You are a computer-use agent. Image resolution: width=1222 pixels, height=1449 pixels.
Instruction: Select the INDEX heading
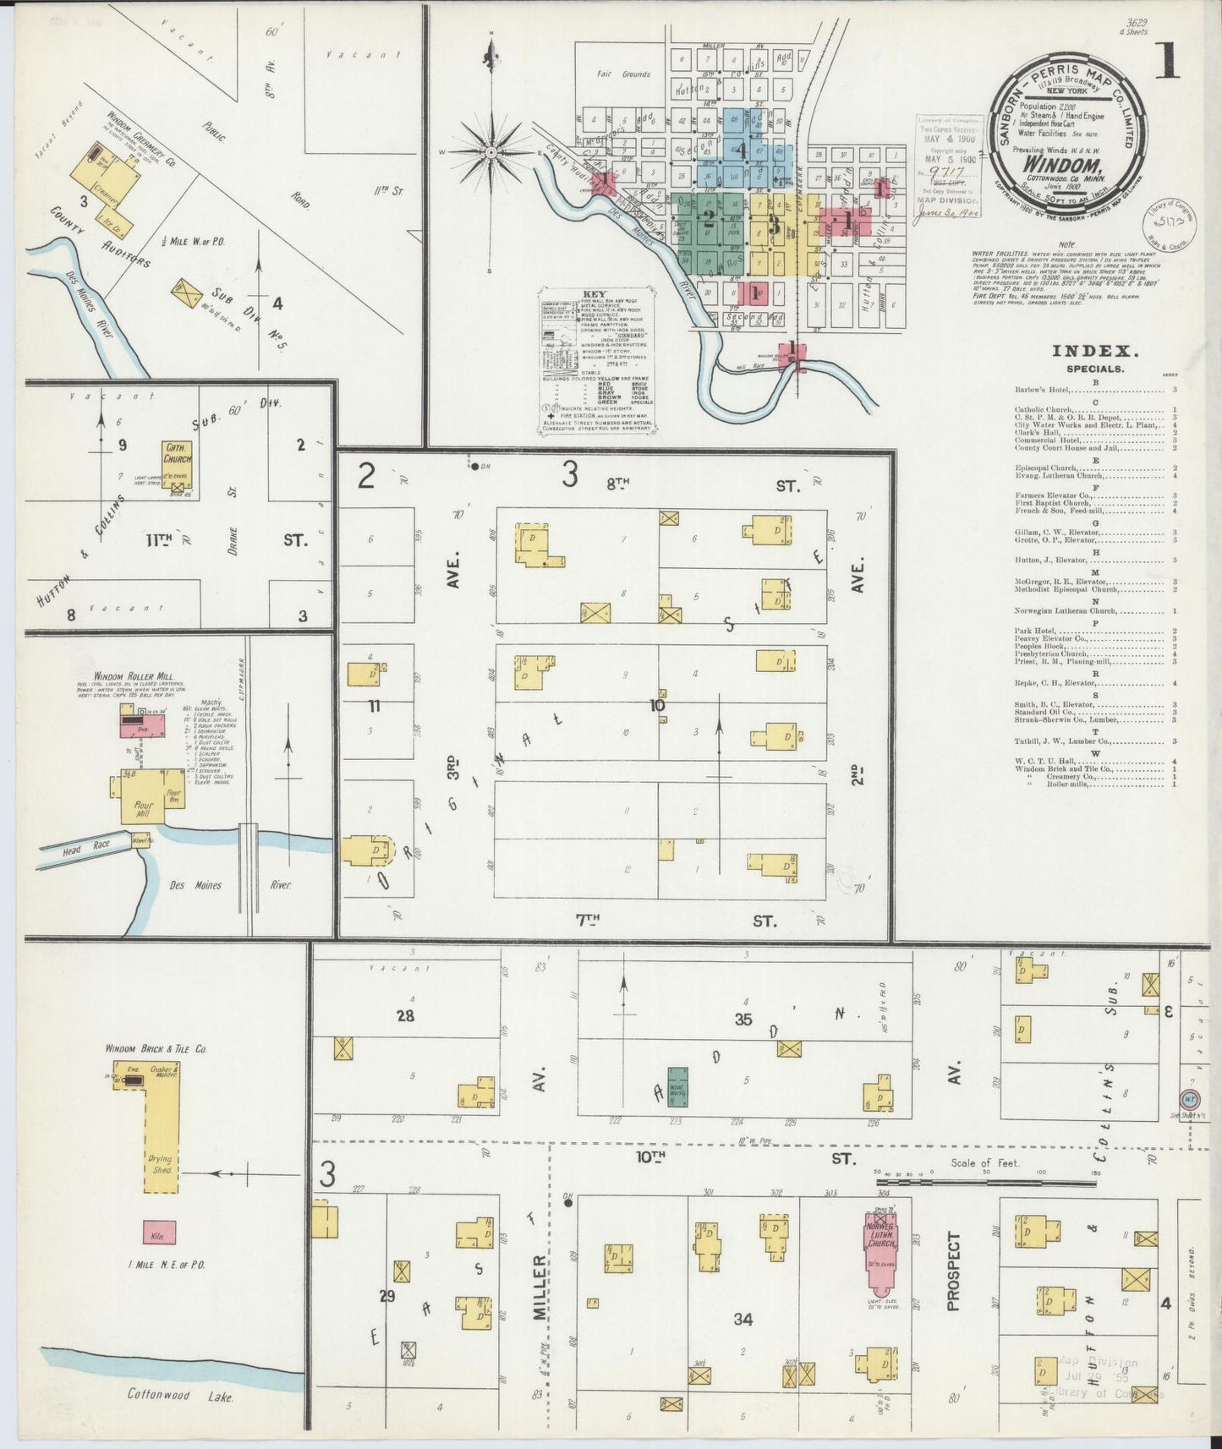1094,352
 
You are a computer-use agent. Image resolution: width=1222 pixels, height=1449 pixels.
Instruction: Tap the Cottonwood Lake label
182,1395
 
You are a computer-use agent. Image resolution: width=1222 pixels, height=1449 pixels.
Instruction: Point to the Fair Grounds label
623,74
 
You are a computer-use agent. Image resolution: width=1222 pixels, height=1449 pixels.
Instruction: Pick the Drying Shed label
162,1164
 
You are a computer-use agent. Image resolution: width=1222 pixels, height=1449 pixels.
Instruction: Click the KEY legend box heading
595,295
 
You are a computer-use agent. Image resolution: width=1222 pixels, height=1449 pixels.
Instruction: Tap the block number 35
743,1020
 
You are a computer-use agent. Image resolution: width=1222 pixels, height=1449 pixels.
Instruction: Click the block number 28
406,1015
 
